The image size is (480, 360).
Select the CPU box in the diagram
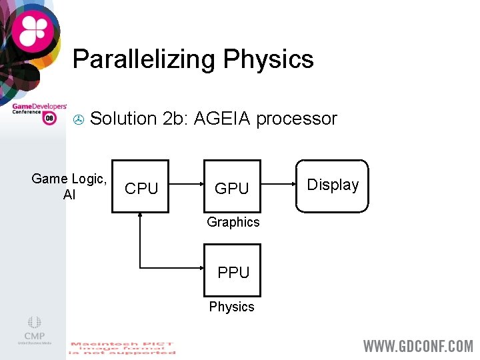pyautogui.click(x=141, y=187)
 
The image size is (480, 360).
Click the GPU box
pyautogui.click(x=232, y=187)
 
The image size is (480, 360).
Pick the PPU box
pyautogui.click(x=233, y=271)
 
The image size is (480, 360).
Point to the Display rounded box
pyautogui.click(x=333, y=185)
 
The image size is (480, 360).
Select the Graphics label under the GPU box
pyautogui.click(x=233, y=222)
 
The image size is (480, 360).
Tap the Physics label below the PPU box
pyautogui.click(x=231, y=307)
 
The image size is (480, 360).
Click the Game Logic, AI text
pyautogui.click(x=69, y=186)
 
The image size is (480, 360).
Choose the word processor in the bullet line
pyautogui.click(x=297, y=119)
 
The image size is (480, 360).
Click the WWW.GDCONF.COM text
pyautogui.click(x=418, y=346)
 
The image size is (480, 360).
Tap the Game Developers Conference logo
pyautogui.click(x=39, y=111)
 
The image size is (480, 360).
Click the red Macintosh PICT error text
pyautogui.click(x=123, y=348)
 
